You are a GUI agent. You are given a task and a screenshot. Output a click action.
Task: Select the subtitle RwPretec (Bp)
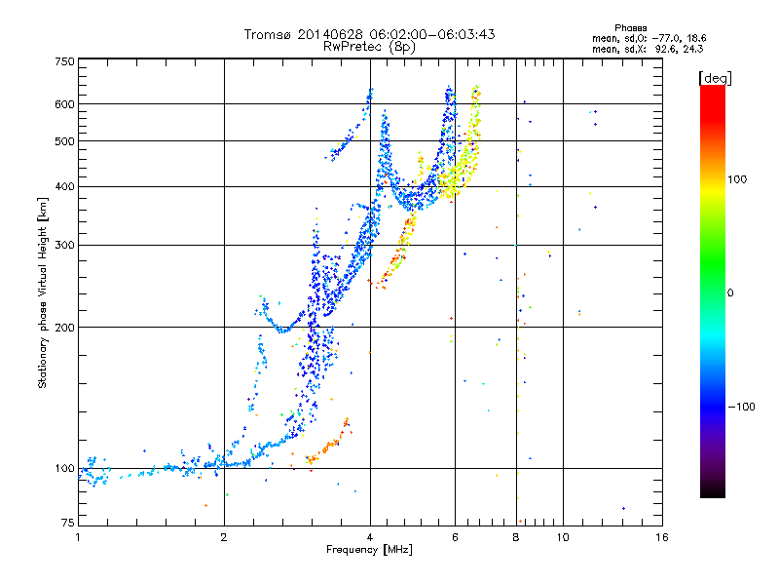click(369, 46)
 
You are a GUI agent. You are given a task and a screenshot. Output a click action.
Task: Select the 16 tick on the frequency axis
click(661, 537)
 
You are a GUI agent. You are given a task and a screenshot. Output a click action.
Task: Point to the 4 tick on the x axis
click(370, 537)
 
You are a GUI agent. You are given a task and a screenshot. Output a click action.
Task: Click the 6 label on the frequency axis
click(455, 537)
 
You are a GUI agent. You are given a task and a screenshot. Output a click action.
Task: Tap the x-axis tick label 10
click(561, 537)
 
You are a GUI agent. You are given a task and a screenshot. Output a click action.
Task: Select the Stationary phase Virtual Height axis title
click(43, 292)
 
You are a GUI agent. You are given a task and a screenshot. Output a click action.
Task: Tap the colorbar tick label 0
click(732, 292)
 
